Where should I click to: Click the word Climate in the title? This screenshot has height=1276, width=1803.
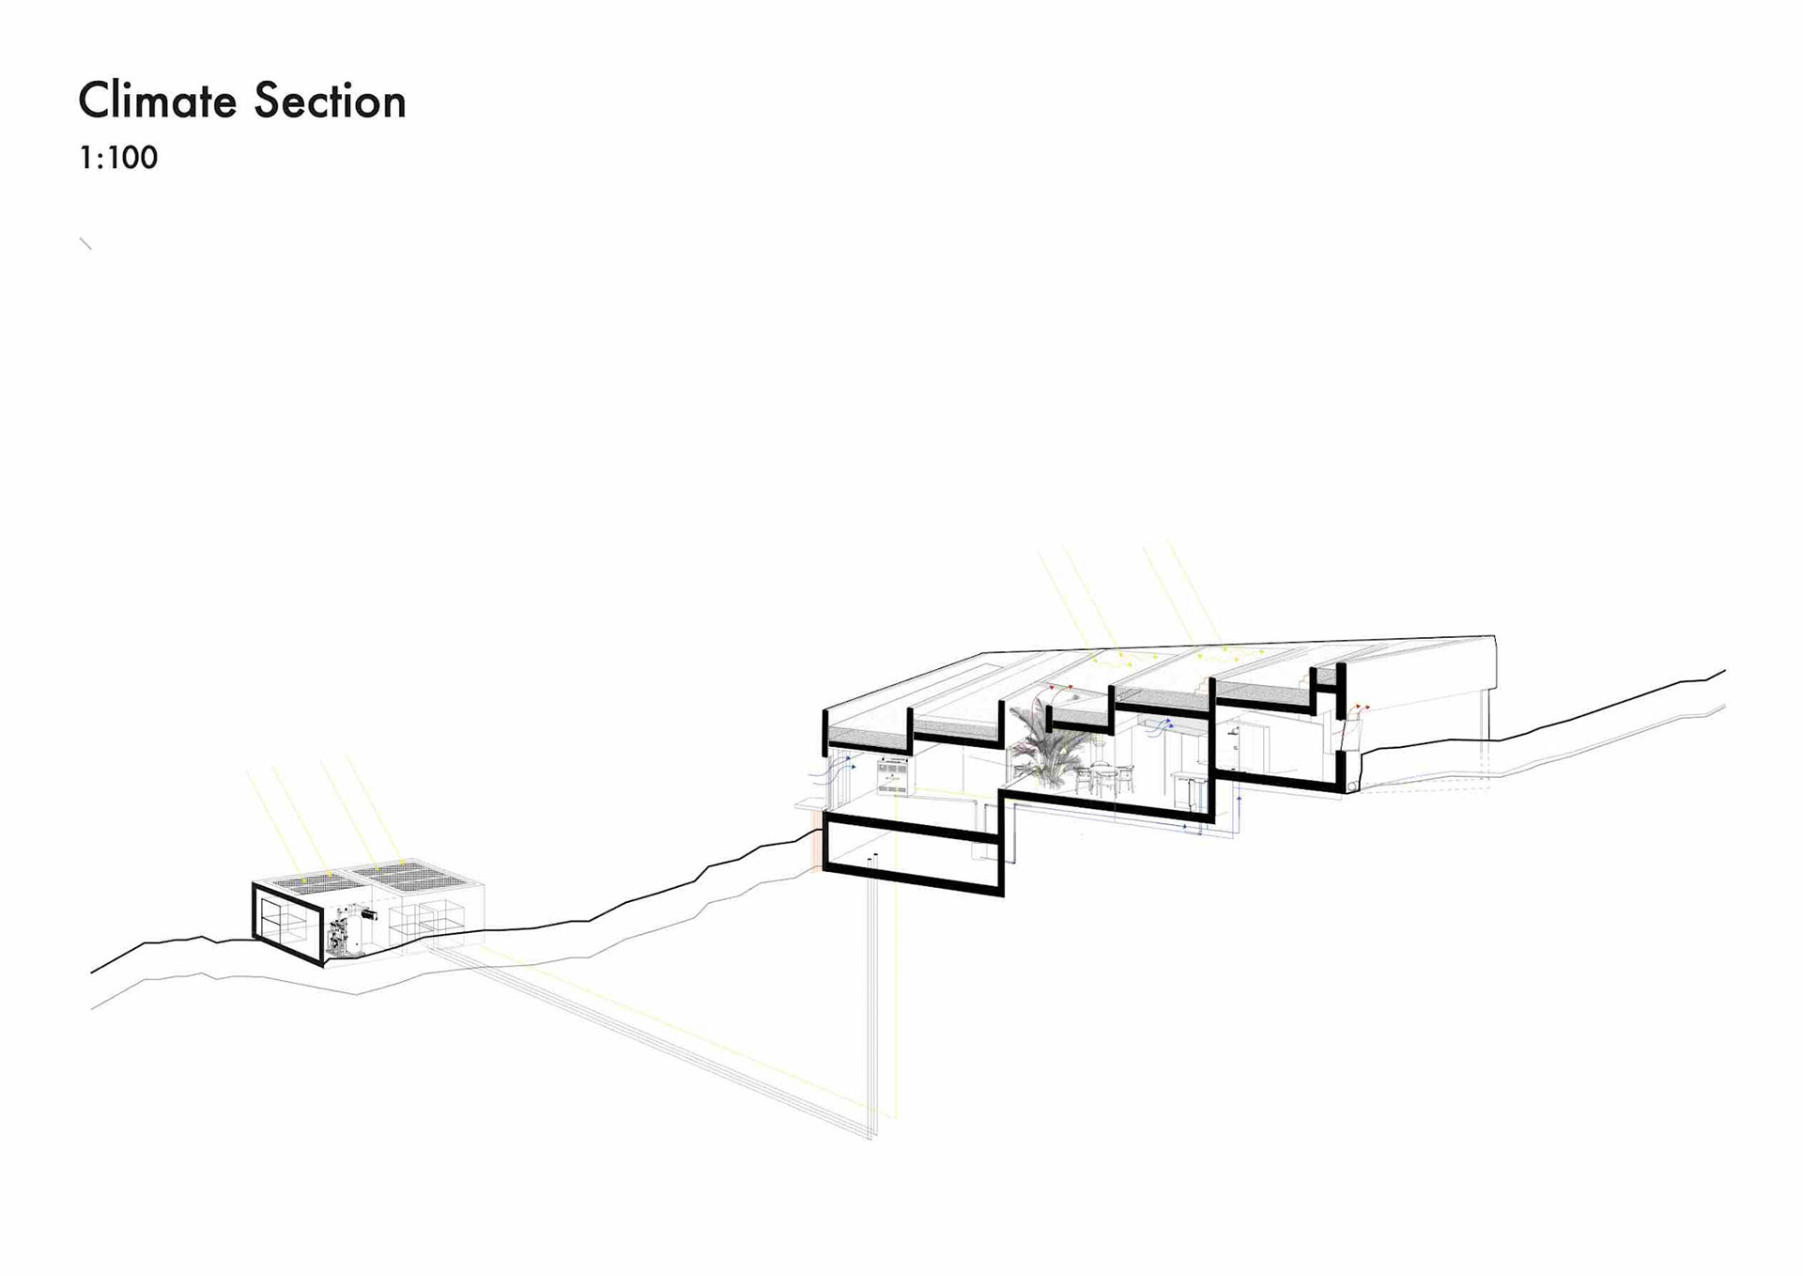(158, 101)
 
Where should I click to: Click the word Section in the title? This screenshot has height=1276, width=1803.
(330, 101)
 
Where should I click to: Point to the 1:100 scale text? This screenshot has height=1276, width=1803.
(118, 158)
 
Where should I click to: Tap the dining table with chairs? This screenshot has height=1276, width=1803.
(1104, 777)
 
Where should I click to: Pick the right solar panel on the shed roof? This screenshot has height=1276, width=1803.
(414, 876)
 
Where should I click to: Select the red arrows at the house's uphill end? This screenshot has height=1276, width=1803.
(1359, 708)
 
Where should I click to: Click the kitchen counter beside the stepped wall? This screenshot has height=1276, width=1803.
(1185, 780)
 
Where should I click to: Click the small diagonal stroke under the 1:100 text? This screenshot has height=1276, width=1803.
(85, 243)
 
